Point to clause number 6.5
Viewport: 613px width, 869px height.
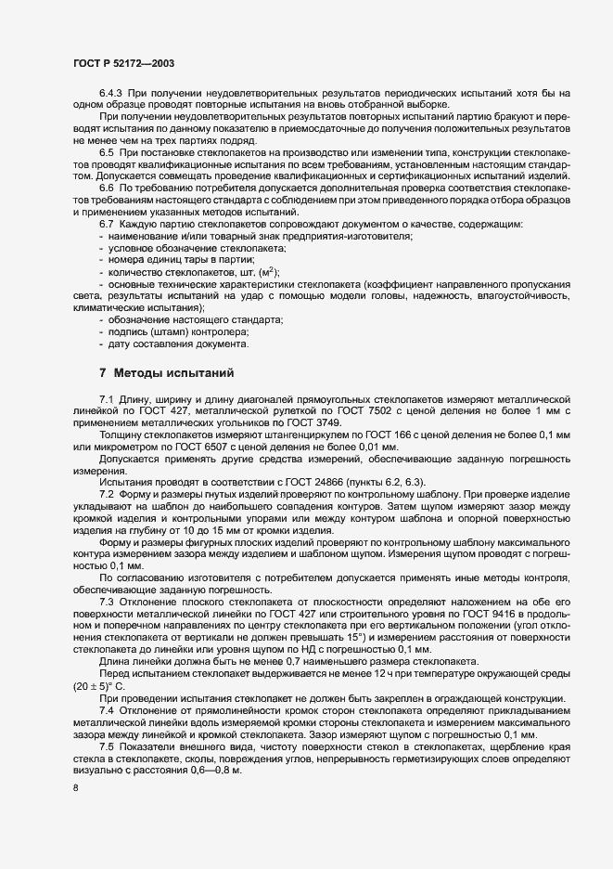pyautogui.click(x=108, y=151)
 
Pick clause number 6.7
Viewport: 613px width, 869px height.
pyautogui.click(x=108, y=226)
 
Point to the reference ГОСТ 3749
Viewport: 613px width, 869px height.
pyautogui.click(x=350, y=422)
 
